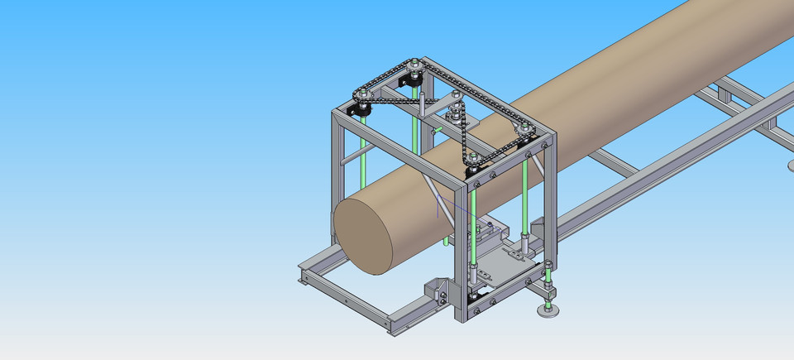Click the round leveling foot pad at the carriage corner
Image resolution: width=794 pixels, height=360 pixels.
(547, 310)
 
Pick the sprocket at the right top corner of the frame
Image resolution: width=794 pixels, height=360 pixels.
(524, 128)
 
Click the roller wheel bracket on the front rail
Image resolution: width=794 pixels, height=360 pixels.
(438, 290)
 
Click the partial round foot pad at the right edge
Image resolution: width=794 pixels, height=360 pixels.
(788, 165)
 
